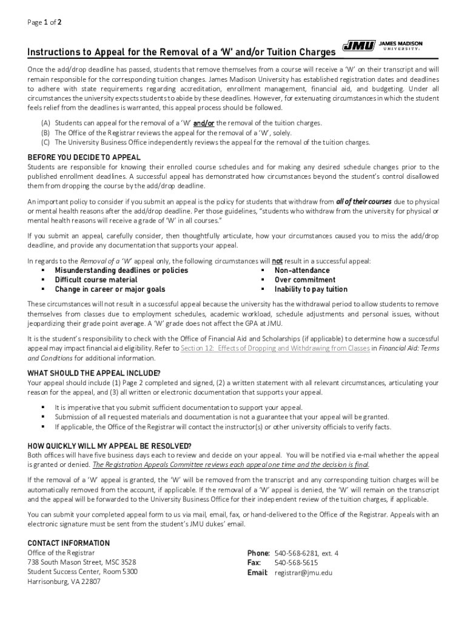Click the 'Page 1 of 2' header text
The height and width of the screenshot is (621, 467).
[44, 22]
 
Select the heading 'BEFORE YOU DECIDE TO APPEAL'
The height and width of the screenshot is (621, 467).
[84, 157]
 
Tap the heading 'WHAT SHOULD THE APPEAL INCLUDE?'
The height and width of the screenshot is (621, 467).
[94, 373]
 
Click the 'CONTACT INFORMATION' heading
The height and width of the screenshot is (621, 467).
[69, 543]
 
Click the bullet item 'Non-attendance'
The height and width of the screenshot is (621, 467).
[302, 270]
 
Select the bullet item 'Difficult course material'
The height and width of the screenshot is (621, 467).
[96, 280]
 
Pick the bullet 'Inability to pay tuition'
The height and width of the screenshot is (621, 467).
[311, 290]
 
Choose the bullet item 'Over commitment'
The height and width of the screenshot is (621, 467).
[304, 280]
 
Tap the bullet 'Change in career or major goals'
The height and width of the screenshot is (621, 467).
[110, 290]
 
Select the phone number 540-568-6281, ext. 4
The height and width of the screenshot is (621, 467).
[306, 553]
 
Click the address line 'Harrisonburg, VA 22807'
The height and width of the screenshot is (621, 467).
[64, 582]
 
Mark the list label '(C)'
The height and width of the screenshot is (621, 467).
[45, 143]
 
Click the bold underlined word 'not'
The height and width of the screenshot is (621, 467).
[277, 261]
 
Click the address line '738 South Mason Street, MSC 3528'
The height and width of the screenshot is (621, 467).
[82, 562]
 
